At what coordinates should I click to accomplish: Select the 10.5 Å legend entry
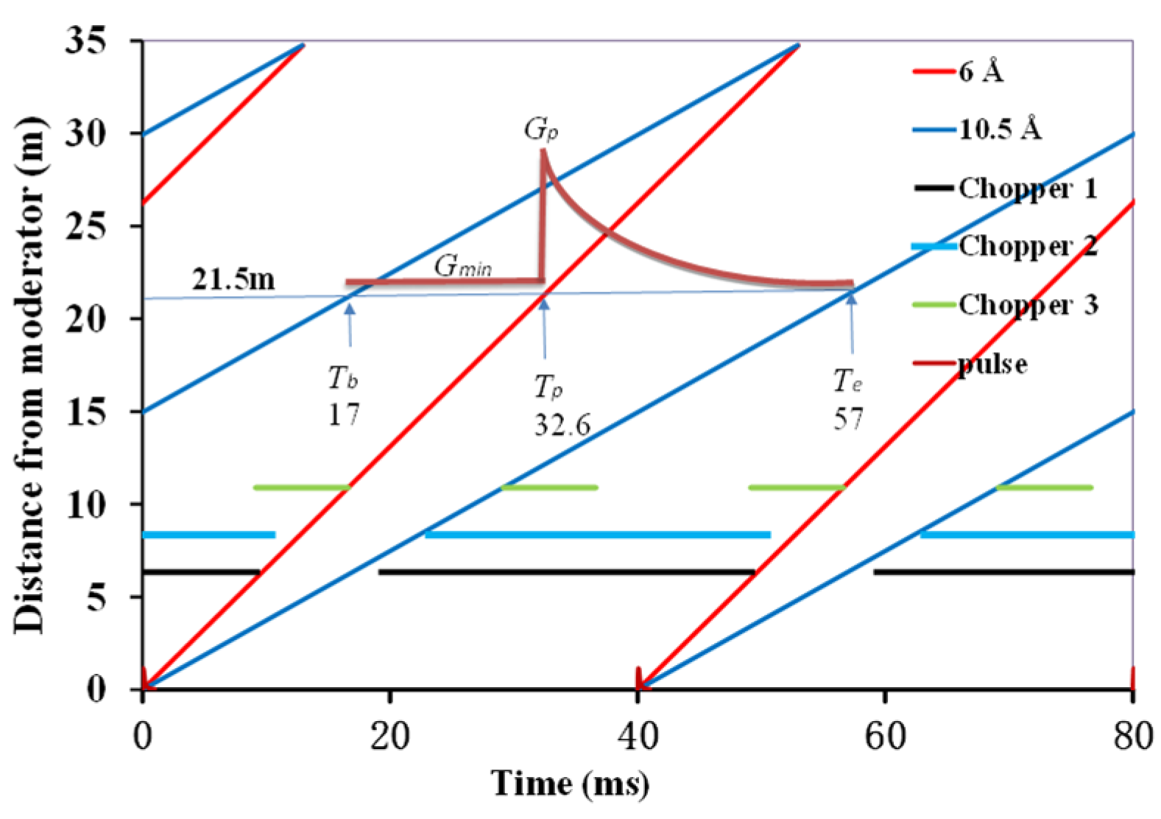tap(999, 130)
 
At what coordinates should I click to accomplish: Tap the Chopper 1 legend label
tap(1027, 189)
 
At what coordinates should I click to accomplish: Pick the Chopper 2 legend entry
tap(1027, 246)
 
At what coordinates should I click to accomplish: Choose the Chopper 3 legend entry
tap(1027, 305)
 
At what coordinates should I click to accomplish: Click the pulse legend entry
tap(992, 364)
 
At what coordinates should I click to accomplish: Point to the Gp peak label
tap(541, 130)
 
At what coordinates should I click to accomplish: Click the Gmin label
tap(462, 266)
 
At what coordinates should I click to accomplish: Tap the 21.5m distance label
tap(233, 280)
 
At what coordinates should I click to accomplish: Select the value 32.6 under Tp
tap(562, 425)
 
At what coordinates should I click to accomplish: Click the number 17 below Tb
tap(343, 415)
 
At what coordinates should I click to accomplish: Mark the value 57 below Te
tap(848, 420)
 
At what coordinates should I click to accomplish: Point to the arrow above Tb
tap(350, 324)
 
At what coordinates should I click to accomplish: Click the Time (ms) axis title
tap(570, 784)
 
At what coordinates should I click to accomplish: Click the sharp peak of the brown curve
tap(543, 150)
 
